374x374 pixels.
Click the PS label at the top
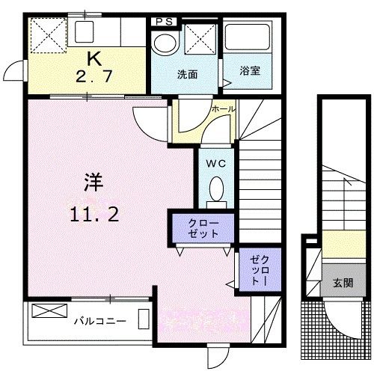(165, 22)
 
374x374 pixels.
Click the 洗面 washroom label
(187, 75)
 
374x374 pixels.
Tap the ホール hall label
(223, 109)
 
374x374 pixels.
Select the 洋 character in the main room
(92, 183)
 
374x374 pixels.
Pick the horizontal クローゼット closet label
(204, 228)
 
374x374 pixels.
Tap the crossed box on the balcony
(45, 310)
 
